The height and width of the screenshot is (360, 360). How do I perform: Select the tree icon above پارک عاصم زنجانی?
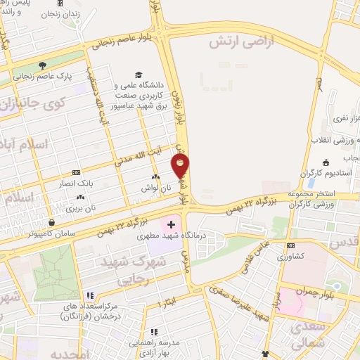[x=43, y=65]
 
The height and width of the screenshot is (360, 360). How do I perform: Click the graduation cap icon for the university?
[x=139, y=75]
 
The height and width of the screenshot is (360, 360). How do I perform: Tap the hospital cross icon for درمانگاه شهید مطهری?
[x=171, y=224]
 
